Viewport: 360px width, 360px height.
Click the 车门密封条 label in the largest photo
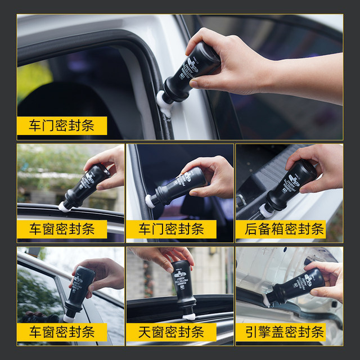tap(62, 125)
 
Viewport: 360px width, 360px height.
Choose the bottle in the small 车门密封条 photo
tap(178, 186)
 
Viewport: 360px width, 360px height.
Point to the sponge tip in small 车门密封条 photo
tap(150, 201)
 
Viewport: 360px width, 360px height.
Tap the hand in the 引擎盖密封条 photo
tap(329, 278)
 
